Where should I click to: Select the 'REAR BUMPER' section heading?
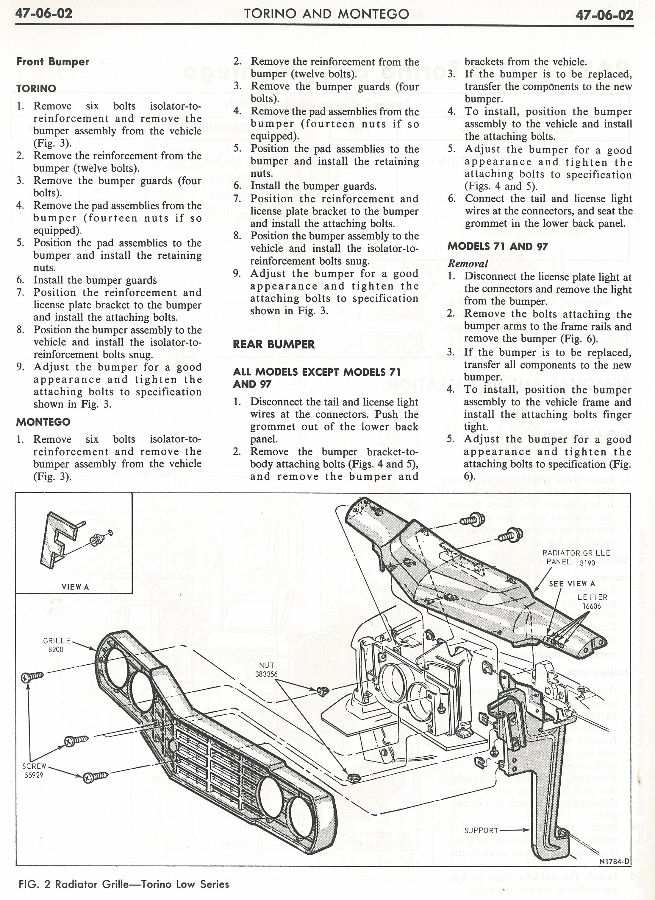pos(273,344)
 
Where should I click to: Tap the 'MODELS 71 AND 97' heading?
pos(498,246)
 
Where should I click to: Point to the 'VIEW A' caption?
pos(75,587)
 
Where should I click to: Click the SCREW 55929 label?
pos(34,770)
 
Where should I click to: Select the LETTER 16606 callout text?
pos(592,601)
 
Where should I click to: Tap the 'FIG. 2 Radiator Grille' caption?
pos(124,884)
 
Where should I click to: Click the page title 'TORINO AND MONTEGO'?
pos(327,14)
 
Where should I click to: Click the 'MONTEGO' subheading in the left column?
pos(43,422)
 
